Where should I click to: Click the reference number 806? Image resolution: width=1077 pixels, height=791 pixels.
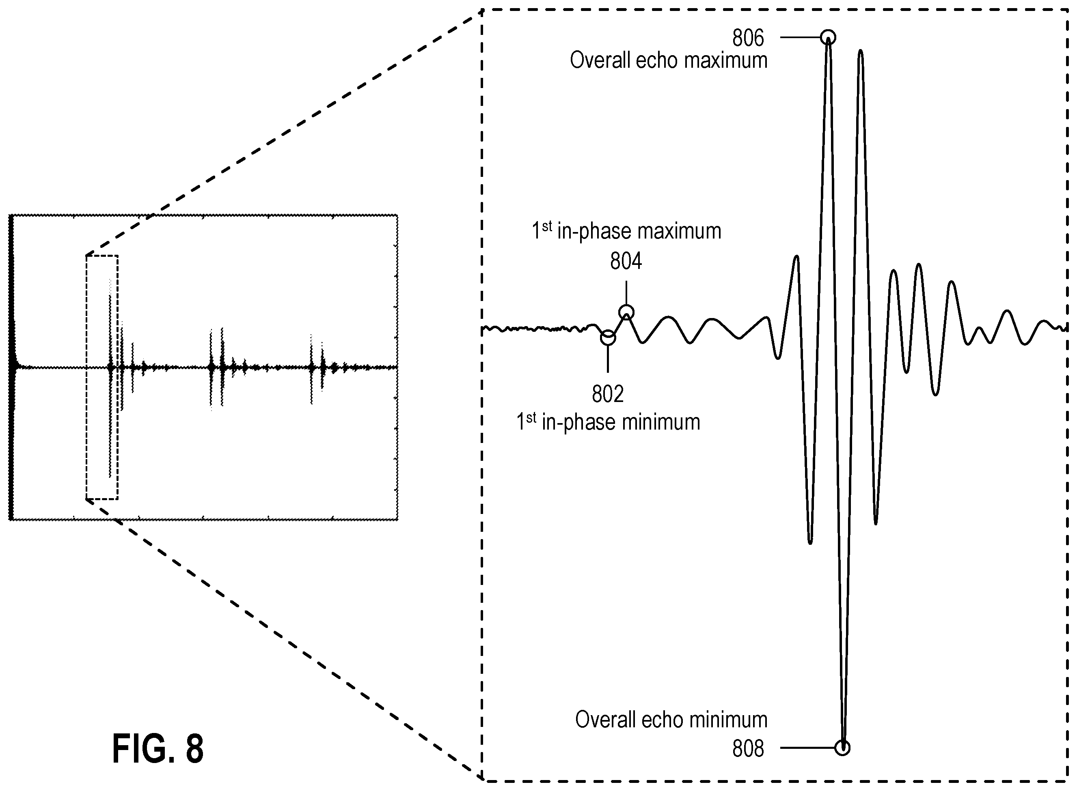point(748,38)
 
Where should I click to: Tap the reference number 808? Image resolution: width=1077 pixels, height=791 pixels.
point(748,748)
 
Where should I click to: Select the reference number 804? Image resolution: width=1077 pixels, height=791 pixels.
point(626,261)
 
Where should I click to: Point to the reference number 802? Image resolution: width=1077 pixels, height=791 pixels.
point(607,394)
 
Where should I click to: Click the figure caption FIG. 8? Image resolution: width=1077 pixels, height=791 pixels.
point(158,748)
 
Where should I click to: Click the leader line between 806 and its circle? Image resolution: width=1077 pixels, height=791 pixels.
point(800,37)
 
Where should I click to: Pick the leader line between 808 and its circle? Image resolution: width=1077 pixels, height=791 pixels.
point(807,748)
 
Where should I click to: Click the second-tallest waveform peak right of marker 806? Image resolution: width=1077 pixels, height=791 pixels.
point(861,51)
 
